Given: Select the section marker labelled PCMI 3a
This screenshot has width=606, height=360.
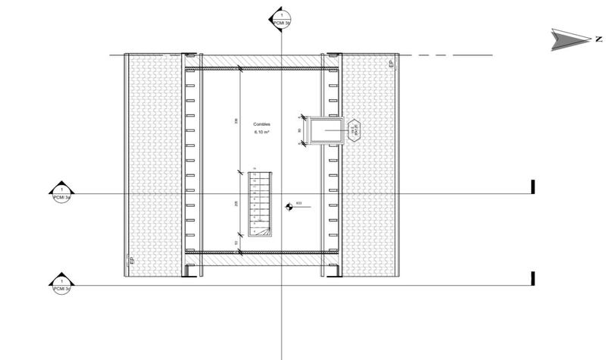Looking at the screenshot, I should [x=61, y=193].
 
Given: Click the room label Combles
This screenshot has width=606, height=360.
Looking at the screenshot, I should [x=261, y=124].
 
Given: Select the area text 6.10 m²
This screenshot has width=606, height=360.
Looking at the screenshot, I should [x=261, y=133].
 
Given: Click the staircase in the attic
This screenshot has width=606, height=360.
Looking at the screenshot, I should [x=261, y=202].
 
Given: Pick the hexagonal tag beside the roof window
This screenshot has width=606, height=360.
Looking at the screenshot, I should [x=355, y=130].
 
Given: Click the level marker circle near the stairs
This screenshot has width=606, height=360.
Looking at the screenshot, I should [x=288, y=205].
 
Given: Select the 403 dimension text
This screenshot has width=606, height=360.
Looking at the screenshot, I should [x=299, y=202].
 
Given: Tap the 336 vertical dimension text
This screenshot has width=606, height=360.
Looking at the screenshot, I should [x=237, y=121].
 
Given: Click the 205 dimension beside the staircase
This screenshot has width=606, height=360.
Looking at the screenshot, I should [x=237, y=204].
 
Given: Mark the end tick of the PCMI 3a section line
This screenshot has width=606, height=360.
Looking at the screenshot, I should [x=533, y=186].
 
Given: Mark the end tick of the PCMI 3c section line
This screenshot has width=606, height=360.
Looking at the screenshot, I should [x=533, y=278].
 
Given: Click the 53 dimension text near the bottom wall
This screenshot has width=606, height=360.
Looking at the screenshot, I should [x=237, y=243].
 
